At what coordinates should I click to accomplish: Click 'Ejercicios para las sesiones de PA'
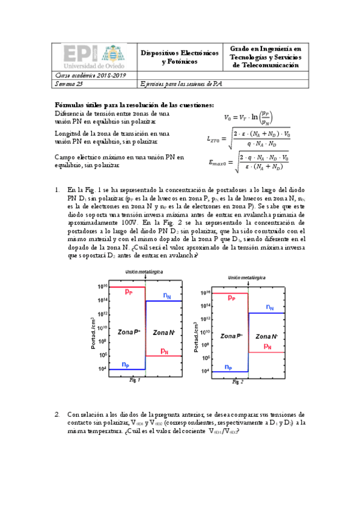[x=181, y=84]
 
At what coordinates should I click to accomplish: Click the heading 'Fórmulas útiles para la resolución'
[x=134, y=105]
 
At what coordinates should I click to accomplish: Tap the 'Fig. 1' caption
[x=135, y=381]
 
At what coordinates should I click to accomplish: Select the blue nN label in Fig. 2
[x=269, y=308]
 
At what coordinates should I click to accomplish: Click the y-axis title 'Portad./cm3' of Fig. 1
[x=94, y=336]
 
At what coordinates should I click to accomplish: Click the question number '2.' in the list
[x=58, y=414]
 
